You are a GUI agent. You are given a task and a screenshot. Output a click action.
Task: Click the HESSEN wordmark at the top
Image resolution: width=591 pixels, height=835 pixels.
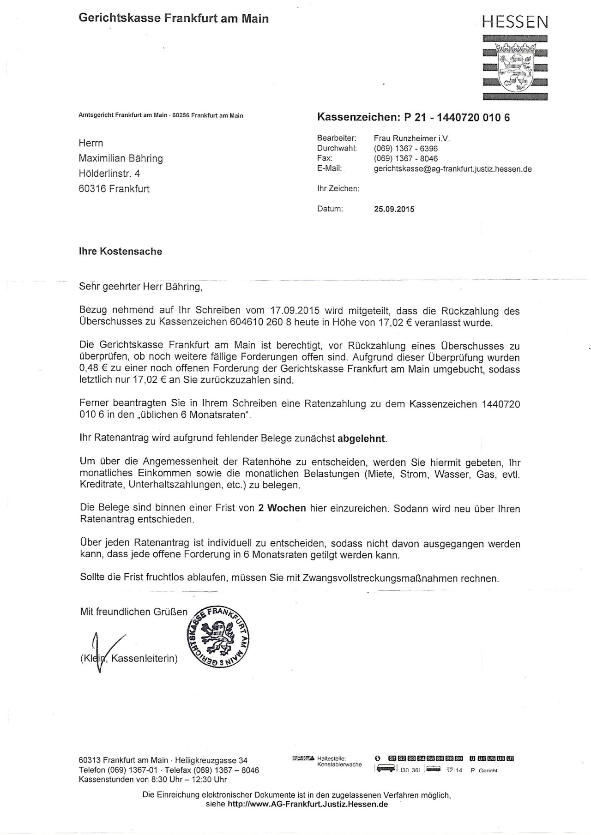[x=515, y=21]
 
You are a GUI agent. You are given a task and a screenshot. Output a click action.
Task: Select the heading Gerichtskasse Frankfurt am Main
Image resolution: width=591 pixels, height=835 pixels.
[x=174, y=18]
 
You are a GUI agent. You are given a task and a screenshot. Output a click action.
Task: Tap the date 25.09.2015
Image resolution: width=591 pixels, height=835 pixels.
[x=394, y=209]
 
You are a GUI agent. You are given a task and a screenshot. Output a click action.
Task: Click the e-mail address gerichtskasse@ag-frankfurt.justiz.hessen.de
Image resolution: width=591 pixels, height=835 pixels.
[x=452, y=169]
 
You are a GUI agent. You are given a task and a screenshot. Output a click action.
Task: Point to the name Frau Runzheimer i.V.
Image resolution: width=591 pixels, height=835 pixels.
[x=411, y=138]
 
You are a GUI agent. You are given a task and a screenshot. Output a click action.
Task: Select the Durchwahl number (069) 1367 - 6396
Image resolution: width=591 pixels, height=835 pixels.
[x=405, y=149]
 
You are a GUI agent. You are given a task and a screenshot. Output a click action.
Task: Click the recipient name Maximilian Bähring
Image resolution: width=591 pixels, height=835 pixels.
[x=121, y=158]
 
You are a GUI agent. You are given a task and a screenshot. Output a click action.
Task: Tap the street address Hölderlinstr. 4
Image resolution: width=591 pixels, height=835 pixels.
[x=109, y=174]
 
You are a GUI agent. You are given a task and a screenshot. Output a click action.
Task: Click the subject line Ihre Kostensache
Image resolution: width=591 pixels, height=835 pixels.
[x=121, y=252]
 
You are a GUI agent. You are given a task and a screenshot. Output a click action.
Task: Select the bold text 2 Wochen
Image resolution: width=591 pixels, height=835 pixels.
[x=282, y=508]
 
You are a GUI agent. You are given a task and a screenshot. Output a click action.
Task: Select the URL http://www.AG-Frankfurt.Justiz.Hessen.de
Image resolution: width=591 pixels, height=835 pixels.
[x=308, y=805]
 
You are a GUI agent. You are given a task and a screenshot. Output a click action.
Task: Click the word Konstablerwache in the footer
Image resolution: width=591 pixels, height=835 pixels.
[x=339, y=765]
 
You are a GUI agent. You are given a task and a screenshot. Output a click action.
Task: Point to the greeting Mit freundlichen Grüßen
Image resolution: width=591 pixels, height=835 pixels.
[x=134, y=612]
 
